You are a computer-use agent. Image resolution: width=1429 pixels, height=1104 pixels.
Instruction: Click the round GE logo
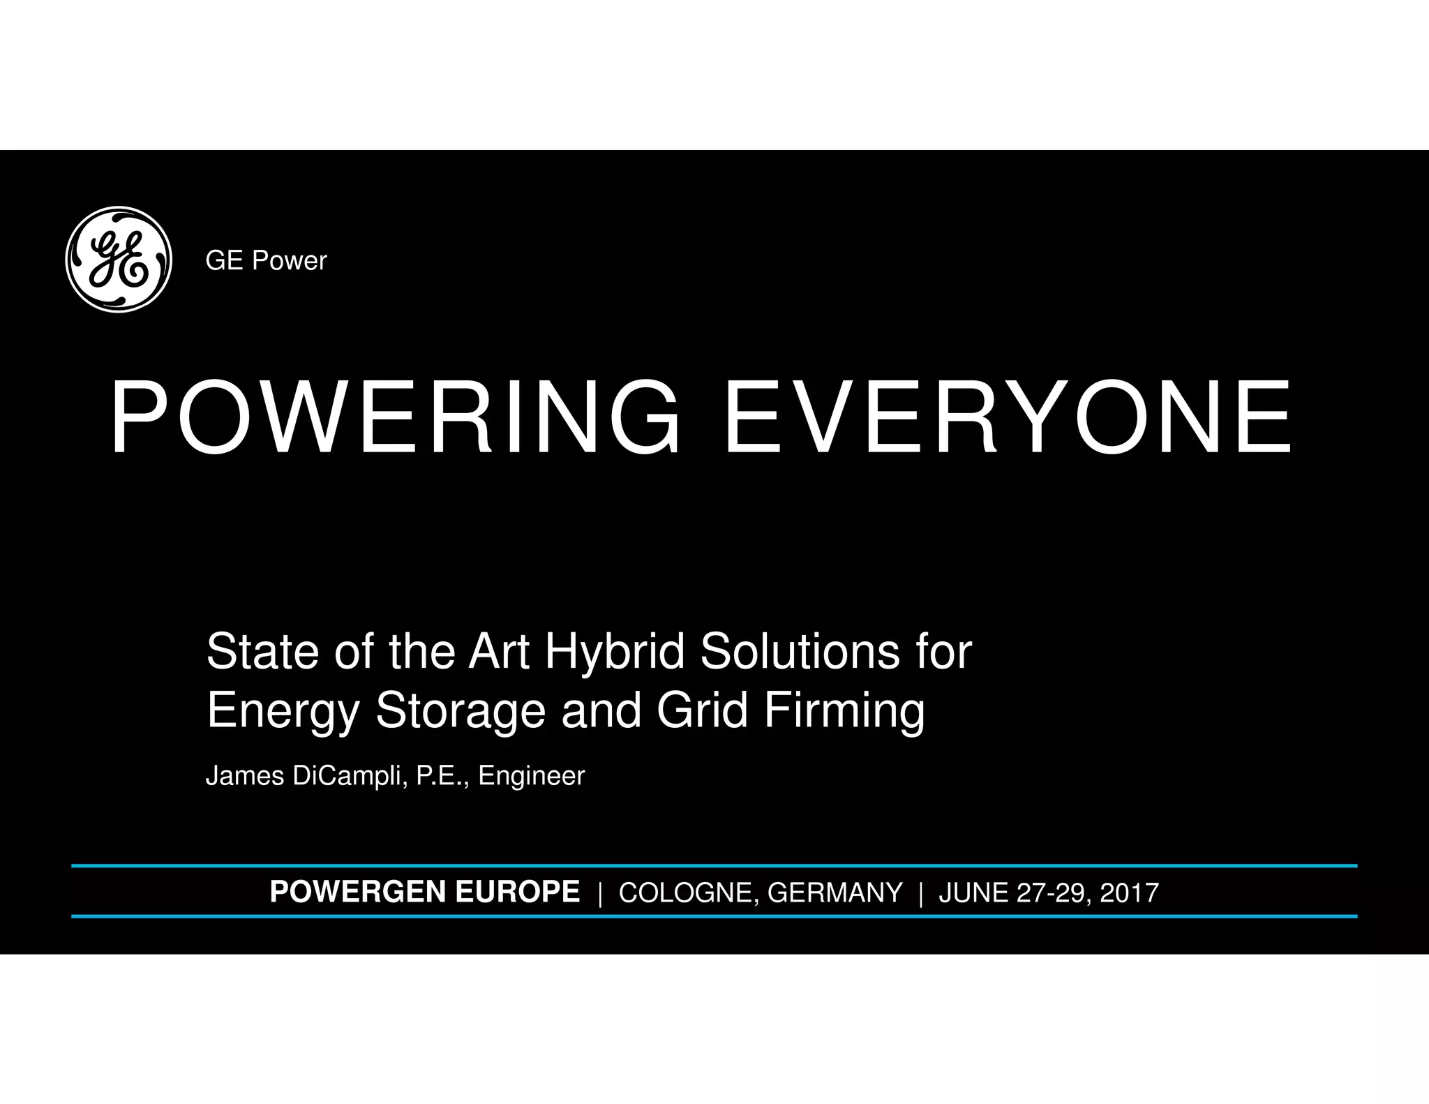(119, 260)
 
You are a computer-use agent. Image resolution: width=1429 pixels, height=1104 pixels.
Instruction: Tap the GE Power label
(266, 261)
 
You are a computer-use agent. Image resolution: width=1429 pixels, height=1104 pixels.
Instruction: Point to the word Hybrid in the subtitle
(617, 652)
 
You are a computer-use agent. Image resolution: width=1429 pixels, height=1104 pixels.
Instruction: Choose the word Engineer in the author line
(531, 776)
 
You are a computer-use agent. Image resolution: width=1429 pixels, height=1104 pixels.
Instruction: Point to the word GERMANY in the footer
(835, 893)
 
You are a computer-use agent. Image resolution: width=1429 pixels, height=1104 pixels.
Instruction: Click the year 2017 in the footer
(1129, 893)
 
